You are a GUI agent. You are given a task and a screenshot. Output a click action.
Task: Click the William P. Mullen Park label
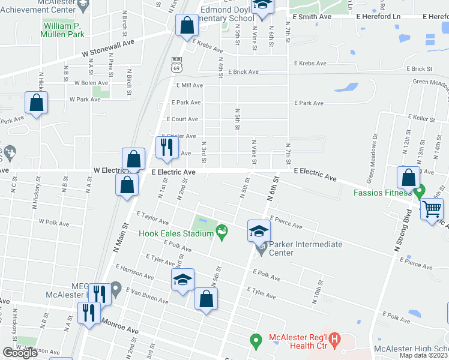coord(62,30)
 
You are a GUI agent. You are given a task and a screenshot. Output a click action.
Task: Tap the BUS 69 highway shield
coord(176,64)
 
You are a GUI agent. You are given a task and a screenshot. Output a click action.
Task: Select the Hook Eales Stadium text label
coord(176,233)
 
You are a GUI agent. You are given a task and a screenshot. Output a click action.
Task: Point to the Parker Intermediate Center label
coord(306,248)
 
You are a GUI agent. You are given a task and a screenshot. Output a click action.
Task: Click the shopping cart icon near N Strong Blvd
coord(432,210)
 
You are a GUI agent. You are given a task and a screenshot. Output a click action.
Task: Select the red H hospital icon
coord(335,340)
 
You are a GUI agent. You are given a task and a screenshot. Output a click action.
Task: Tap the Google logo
coord(20,353)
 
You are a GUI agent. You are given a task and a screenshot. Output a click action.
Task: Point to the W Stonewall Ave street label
coord(109,49)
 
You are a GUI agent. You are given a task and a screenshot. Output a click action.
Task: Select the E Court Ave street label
coord(182,119)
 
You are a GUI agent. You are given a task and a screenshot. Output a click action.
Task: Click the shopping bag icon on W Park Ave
coord(36,103)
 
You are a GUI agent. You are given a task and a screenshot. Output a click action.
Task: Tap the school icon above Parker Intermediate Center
coord(258,230)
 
